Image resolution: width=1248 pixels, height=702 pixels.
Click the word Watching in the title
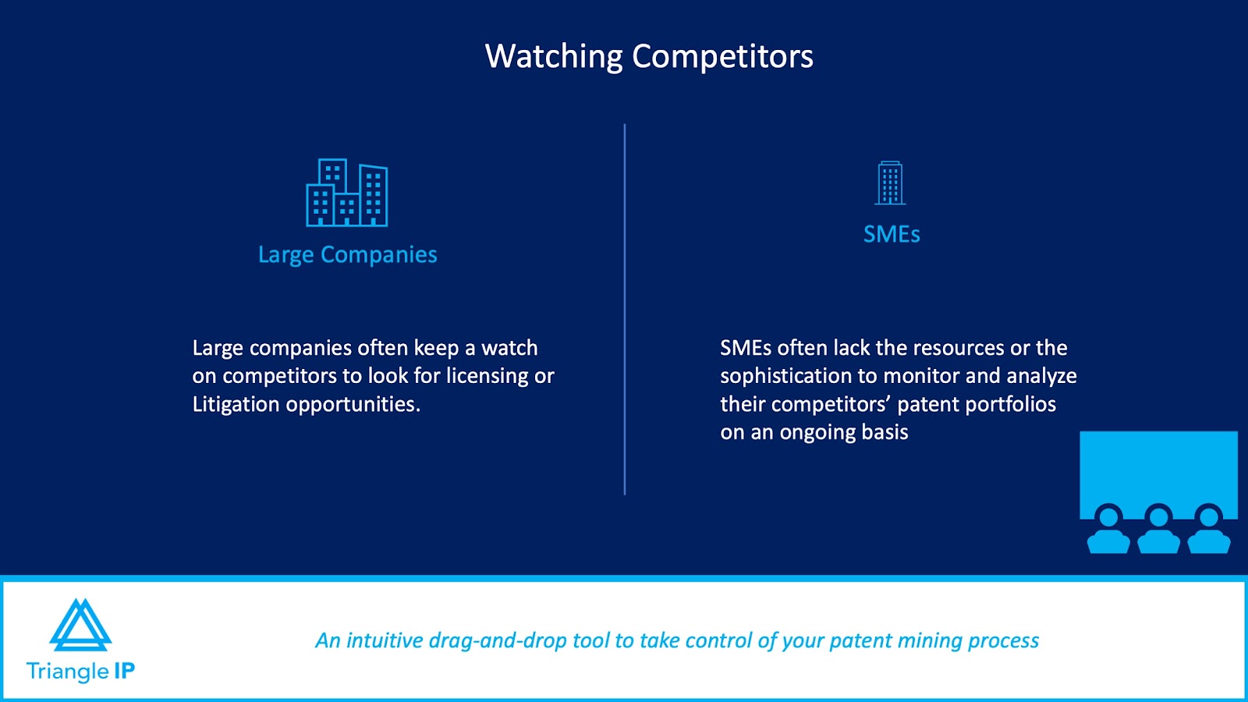click(553, 57)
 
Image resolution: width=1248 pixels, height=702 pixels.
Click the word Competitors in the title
click(722, 56)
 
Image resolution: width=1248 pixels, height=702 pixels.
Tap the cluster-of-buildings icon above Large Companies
click(346, 192)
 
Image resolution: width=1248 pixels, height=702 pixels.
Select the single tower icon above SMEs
click(890, 183)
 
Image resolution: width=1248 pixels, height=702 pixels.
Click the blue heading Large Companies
click(348, 255)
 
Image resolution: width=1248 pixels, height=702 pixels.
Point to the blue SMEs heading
click(892, 234)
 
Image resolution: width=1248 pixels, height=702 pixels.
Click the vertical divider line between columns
click(625, 309)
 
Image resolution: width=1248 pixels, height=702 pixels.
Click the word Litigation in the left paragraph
click(236, 404)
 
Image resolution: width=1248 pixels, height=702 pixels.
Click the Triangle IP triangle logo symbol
click(81, 625)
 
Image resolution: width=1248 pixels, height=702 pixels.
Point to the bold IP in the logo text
click(124, 671)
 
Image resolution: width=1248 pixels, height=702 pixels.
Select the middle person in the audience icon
click(1158, 530)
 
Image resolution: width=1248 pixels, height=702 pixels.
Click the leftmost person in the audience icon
click(1108, 530)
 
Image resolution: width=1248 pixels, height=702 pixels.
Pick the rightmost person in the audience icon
click(1209, 530)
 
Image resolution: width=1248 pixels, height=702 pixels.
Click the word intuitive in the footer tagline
click(385, 640)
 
